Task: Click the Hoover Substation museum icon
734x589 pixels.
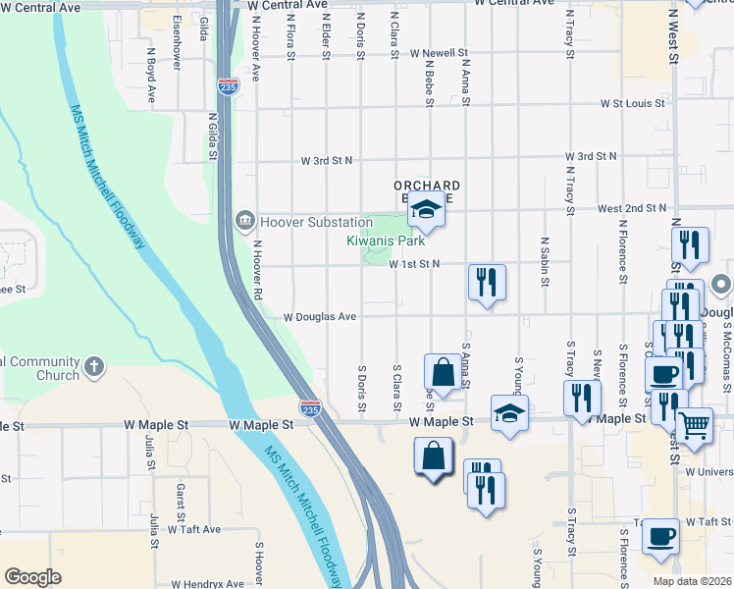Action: tap(244, 222)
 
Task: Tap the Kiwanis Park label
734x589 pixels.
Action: tap(385, 241)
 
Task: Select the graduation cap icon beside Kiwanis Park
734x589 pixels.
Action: tap(426, 208)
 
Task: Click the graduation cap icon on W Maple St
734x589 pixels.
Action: tap(509, 413)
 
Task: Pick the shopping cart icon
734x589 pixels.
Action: tap(694, 426)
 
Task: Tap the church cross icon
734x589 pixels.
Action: tap(94, 368)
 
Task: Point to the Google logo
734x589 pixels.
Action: tap(32, 577)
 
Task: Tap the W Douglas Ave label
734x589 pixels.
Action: tap(320, 317)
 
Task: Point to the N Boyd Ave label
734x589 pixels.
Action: tap(152, 77)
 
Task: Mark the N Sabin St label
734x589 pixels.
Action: tap(544, 261)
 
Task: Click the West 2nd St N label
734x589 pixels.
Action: tap(631, 208)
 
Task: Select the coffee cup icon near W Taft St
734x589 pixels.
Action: tap(661, 536)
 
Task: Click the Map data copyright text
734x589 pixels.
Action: tap(691, 581)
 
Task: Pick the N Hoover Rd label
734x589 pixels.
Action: tap(258, 271)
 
